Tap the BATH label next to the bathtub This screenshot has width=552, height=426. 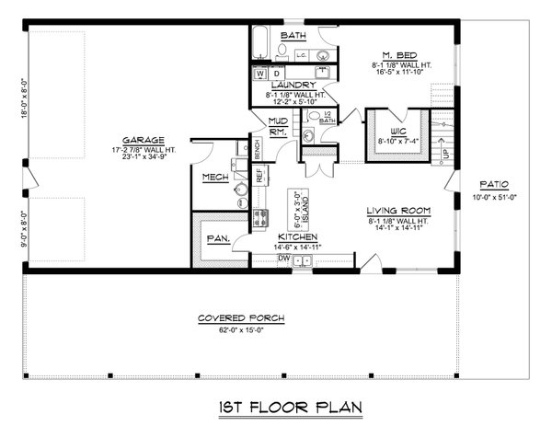point(293,36)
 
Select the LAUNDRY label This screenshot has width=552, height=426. point(294,85)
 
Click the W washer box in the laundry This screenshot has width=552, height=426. point(260,72)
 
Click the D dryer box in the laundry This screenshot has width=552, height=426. point(275,72)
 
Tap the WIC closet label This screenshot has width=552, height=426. point(398,130)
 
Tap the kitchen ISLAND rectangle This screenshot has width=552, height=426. point(297,209)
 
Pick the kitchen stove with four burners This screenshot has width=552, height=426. point(260,219)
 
